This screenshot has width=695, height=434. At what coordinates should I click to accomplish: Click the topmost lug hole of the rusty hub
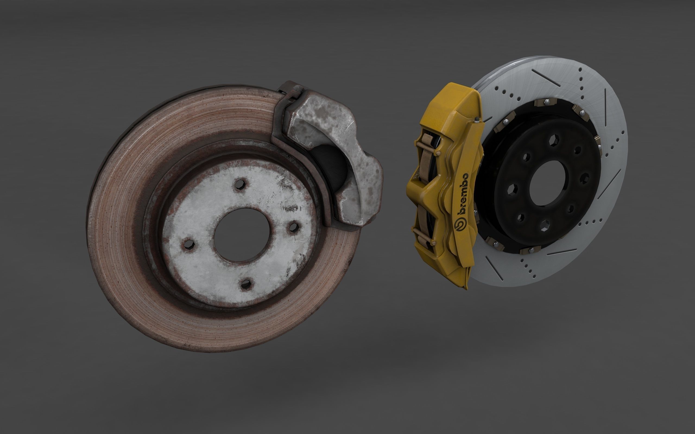pos(240,184)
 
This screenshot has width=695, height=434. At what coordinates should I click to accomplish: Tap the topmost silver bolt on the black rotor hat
pos(546,101)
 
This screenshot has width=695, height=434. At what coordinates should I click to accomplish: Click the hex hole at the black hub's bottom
pos(544,225)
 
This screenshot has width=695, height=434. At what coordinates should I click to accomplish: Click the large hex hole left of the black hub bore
pos(513,189)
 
